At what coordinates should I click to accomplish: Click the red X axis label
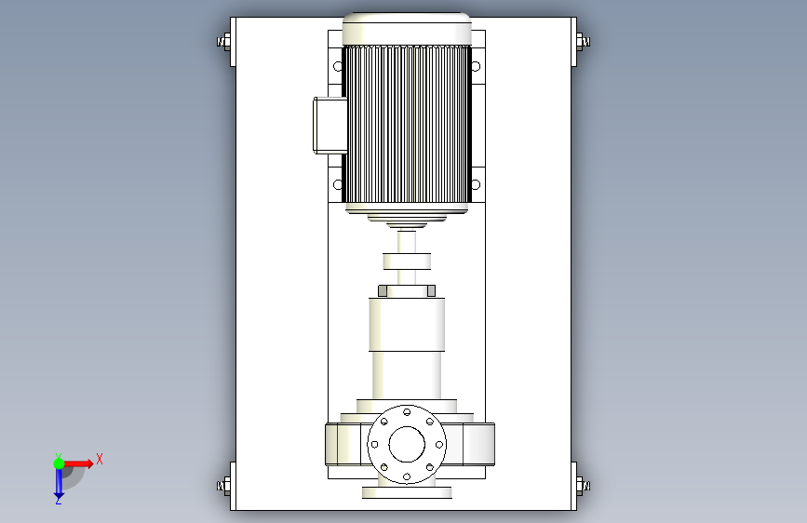point(100,459)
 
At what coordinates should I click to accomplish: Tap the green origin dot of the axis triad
point(59,463)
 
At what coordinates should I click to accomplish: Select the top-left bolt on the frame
point(224,42)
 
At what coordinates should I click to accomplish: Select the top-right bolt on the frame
point(583,42)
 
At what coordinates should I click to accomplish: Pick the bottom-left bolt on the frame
point(224,486)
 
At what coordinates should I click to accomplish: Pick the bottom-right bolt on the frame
point(583,486)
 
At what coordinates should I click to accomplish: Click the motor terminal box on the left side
point(330,125)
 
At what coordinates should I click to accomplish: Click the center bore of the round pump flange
point(407,444)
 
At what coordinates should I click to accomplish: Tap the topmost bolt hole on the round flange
point(407,412)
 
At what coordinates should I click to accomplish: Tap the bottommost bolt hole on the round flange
point(407,477)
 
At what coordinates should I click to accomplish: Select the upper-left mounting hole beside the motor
point(338,66)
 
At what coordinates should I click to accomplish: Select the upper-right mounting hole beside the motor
point(476,66)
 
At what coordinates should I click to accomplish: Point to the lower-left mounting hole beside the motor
point(338,184)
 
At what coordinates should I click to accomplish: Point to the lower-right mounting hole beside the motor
point(476,184)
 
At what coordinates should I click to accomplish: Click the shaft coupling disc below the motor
point(407,261)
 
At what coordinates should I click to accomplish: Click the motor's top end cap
point(407,29)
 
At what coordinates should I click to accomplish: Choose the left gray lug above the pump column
point(383,291)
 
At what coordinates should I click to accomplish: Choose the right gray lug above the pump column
point(431,291)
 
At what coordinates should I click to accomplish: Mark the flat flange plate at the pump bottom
point(407,492)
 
